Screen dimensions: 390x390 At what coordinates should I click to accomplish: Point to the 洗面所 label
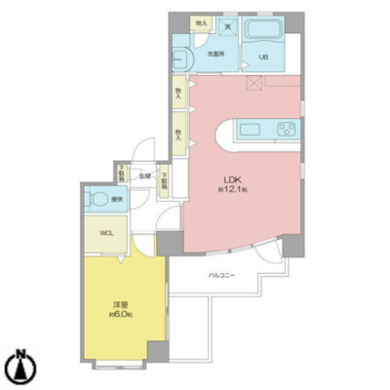pyautogui.click(x=214, y=54)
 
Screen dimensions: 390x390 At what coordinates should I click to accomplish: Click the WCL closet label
pyautogui.click(x=101, y=233)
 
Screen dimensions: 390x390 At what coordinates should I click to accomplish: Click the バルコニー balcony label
pyautogui.click(x=221, y=276)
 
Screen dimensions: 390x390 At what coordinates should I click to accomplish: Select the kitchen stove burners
pyautogui.click(x=287, y=130)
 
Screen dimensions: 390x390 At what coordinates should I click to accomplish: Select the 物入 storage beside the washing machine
pyautogui.click(x=201, y=22)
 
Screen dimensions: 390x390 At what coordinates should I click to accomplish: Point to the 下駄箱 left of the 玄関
pyautogui.click(x=122, y=175)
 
